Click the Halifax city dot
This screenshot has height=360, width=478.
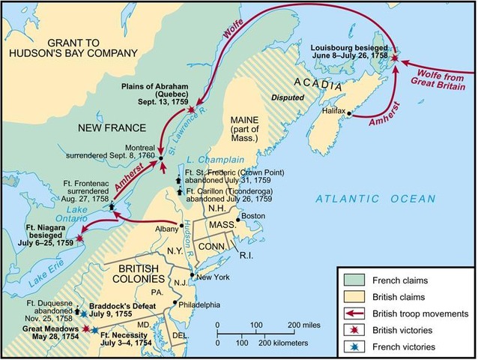pyautogui.click(x=349, y=116)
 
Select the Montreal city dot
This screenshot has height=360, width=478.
pyautogui.click(x=161, y=157)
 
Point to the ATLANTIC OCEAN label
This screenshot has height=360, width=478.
pyautogui.click(x=375, y=199)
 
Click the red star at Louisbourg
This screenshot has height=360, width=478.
pyautogui.click(x=395, y=55)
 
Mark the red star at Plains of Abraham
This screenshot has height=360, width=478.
pyautogui.click(x=193, y=109)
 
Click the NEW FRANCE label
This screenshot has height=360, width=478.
pyautogui.click(x=106, y=129)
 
